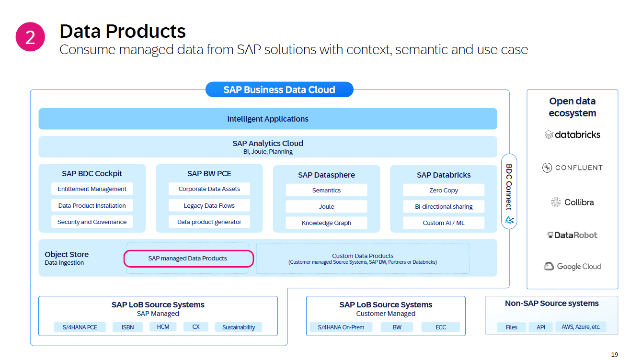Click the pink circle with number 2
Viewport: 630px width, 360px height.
click(30, 37)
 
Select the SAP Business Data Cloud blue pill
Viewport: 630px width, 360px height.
click(279, 90)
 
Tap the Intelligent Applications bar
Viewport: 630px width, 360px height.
click(268, 119)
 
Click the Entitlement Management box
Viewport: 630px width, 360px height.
click(92, 189)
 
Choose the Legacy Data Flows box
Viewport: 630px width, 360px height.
click(209, 205)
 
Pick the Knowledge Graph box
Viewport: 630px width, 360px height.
click(326, 223)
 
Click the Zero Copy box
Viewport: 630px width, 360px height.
click(444, 190)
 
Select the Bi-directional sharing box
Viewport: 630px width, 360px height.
click(444, 206)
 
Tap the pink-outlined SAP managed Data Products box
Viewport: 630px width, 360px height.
click(188, 259)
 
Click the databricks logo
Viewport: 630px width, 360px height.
click(573, 135)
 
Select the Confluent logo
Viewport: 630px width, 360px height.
click(573, 168)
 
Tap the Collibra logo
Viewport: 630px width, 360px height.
click(573, 202)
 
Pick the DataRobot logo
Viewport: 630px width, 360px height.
click(573, 235)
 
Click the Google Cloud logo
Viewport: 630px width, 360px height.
click(573, 266)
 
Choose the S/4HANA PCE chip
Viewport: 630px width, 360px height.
click(80, 327)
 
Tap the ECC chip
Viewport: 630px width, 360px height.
click(441, 327)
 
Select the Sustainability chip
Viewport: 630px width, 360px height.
click(239, 327)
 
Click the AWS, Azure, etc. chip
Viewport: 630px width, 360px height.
click(581, 327)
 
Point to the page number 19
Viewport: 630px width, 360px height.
click(615, 354)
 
